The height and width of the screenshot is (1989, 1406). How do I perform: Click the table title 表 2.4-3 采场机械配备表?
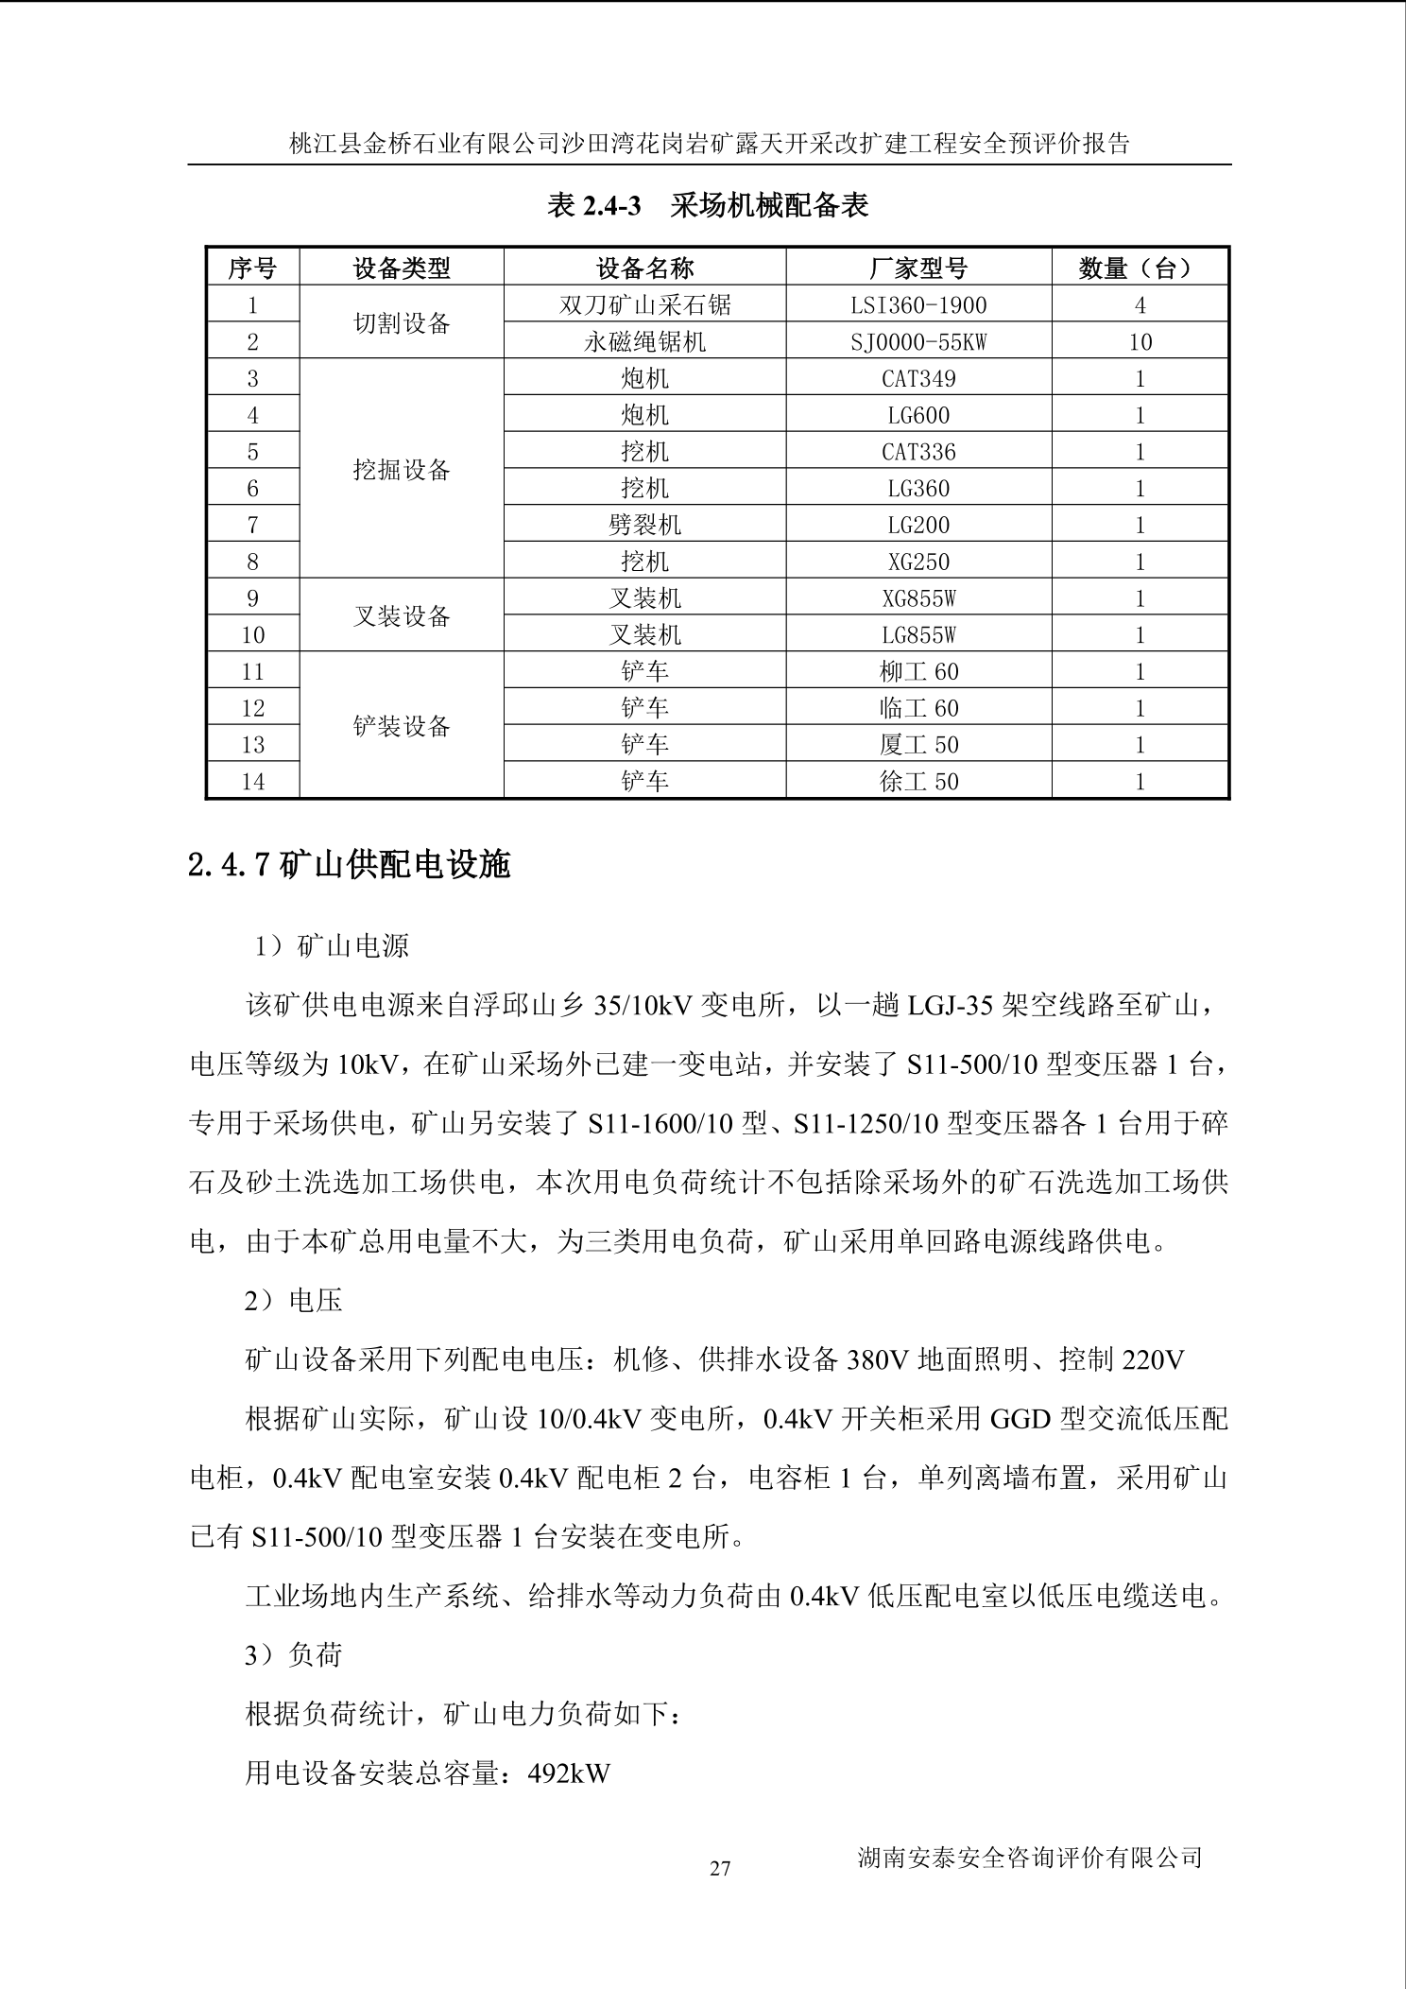pyautogui.click(x=708, y=205)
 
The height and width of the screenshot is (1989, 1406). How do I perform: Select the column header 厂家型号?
pyautogui.click(x=918, y=268)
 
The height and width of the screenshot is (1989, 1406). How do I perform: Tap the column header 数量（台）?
pyautogui.click(x=1140, y=268)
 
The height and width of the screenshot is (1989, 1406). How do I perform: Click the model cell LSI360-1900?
pyautogui.click(x=918, y=305)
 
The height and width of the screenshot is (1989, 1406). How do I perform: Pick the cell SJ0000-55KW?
pyautogui.click(x=918, y=342)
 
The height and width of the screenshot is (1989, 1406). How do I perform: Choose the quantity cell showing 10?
pyautogui.click(x=1140, y=342)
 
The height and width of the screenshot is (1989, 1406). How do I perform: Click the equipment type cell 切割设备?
pyautogui.click(x=402, y=323)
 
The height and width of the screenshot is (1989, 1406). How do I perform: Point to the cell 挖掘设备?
pyautogui.click(x=402, y=470)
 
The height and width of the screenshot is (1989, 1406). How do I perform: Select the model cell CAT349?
pyautogui.click(x=918, y=379)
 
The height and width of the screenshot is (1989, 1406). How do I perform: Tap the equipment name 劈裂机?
pyautogui.click(x=644, y=525)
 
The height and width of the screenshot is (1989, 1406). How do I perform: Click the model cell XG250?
pyautogui.click(x=918, y=562)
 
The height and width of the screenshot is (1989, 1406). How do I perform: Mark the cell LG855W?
pyautogui.click(x=918, y=635)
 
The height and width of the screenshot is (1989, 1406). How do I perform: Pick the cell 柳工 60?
pyautogui.click(x=918, y=672)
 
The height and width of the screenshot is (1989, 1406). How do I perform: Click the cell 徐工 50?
pyautogui.click(x=918, y=782)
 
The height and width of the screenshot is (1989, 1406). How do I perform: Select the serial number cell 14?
pyautogui.click(x=252, y=782)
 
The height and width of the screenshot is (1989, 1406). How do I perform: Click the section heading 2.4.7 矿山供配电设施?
pyautogui.click(x=350, y=865)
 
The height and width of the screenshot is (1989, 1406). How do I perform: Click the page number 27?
pyautogui.click(x=720, y=1869)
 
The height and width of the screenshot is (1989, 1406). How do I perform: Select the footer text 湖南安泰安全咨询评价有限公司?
pyautogui.click(x=1030, y=1858)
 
